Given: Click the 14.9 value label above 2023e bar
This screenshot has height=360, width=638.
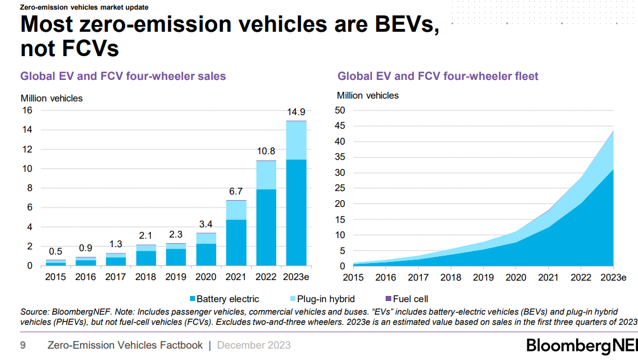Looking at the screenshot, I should click(x=296, y=112).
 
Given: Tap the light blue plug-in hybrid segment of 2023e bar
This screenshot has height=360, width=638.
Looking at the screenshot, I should click(x=296, y=140).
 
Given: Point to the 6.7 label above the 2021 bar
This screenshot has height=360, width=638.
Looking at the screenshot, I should click(x=236, y=191).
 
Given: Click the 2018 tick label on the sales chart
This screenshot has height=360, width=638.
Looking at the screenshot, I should click(x=146, y=277).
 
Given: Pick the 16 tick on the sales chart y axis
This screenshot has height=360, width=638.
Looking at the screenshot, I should click(x=27, y=111).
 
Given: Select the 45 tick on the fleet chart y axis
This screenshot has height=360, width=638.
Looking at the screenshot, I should click(x=340, y=126).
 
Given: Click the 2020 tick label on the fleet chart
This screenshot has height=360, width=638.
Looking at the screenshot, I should click(x=516, y=278).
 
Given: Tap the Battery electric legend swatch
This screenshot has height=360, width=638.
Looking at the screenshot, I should click(x=192, y=299).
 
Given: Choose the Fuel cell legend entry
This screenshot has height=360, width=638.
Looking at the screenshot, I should click(x=410, y=299).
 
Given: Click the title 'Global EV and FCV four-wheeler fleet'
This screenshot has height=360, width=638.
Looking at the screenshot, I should click(x=438, y=76).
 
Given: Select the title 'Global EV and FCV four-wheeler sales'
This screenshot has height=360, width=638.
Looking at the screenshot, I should click(x=123, y=76).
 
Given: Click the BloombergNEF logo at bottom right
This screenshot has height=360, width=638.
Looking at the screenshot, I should click(x=581, y=345).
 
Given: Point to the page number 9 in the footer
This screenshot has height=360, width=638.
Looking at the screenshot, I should click(x=23, y=345).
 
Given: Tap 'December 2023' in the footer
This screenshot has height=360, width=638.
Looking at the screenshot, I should click(x=253, y=345).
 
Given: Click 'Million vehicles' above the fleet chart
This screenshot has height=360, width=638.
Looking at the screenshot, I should click(x=367, y=95).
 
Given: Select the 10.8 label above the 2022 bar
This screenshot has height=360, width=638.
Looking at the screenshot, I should click(x=266, y=151).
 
